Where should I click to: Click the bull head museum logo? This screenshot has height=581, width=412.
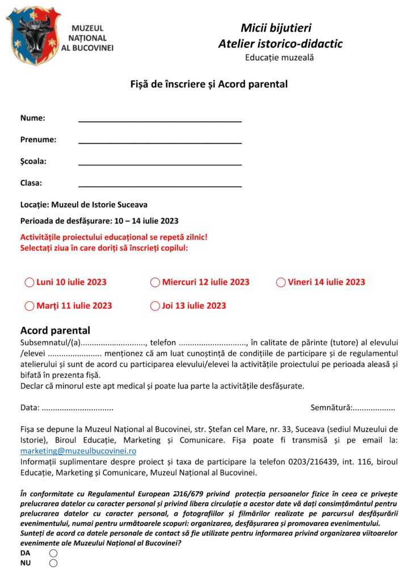click(33, 35)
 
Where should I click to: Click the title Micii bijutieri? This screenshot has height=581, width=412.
click(276, 28)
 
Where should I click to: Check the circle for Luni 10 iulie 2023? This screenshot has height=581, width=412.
click(30, 283)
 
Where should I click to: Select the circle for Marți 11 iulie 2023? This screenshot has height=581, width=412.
click(30, 306)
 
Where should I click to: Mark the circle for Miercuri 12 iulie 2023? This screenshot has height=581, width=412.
click(155, 283)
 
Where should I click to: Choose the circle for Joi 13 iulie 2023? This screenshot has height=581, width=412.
click(155, 306)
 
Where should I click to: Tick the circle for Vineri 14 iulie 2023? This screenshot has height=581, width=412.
click(280, 283)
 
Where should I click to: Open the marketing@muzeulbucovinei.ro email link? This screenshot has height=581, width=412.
click(78, 451)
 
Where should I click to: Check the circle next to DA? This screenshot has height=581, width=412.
click(53, 553)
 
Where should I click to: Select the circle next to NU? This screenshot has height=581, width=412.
click(53, 563)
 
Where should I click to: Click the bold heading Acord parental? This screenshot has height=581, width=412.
click(55, 330)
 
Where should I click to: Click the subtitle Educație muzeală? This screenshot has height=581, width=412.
click(279, 57)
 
